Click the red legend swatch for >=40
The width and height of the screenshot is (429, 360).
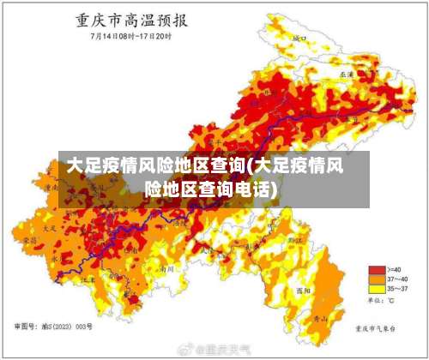tap(375, 270)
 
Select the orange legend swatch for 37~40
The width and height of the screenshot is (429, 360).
tap(375, 280)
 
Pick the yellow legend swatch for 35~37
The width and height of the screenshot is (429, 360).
tap(375, 290)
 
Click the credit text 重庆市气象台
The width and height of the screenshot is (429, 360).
tap(378, 327)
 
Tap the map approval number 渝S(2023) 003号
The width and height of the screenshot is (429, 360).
tap(54, 327)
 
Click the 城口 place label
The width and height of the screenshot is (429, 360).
tap(299, 39)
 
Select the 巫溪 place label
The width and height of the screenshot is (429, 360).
tap(347, 75)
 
